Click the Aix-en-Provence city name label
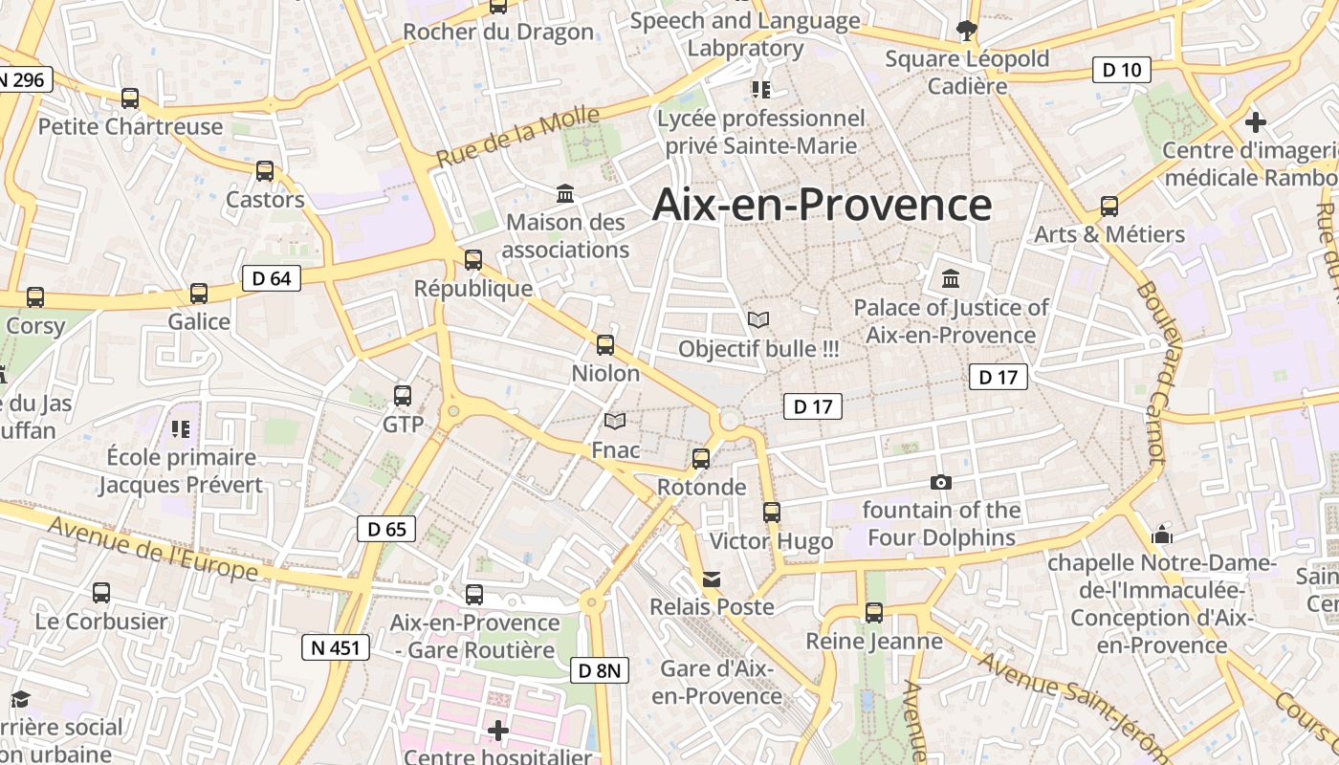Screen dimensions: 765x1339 [822, 206]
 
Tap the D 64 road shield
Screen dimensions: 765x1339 [272, 278]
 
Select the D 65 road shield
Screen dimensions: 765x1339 [386, 529]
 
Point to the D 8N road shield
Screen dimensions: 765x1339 [601, 670]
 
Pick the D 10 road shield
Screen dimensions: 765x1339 [1121, 70]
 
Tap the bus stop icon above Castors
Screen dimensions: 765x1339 [265, 171]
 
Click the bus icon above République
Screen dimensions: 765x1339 [472, 259]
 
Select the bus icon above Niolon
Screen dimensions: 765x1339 [605, 345]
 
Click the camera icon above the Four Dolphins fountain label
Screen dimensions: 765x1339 [941, 482]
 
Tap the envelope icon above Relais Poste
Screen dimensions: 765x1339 [712, 579]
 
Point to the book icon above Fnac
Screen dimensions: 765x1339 [615, 421]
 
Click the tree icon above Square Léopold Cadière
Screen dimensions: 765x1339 [967, 31]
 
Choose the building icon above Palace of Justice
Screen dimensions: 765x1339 [951, 279]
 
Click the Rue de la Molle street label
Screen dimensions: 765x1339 [518, 138]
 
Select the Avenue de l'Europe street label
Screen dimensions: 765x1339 [153, 548]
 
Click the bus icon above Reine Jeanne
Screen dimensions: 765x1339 [874, 612]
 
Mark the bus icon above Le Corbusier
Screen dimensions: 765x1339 [101, 592]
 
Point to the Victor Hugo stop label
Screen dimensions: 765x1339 [771, 541]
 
